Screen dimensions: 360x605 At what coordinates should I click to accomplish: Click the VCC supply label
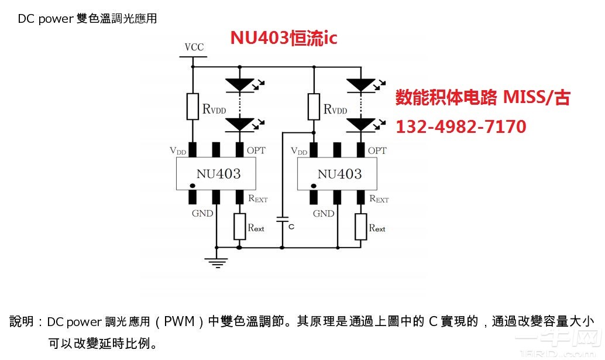(x=193, y=47)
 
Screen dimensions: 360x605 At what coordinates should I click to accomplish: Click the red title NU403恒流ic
(x=283, y=38)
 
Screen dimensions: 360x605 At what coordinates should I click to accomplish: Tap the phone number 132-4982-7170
(x=461, y=126)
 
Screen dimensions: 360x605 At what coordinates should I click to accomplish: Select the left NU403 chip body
(x=217, y=174)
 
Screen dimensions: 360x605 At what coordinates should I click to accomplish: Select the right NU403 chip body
(x=338, y=174)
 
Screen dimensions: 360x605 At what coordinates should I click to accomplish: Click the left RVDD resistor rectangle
(x=192, y=106)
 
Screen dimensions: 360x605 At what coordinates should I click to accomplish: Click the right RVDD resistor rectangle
(x=314, y=106)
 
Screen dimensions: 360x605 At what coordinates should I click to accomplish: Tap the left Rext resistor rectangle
(x=239, y=227)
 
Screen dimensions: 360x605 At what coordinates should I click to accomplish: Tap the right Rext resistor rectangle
(x=360, y=227)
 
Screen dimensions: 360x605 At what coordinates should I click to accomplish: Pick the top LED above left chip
(x=239, y=85)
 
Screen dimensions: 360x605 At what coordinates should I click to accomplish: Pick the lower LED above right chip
(x=360, y=124)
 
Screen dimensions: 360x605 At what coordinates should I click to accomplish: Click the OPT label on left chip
(x=256, y=150)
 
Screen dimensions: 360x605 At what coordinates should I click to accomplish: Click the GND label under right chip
(x=324, y=214)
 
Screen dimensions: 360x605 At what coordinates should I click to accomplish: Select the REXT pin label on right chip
(x=379, y=198)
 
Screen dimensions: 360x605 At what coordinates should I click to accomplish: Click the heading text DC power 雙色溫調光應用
(x=87, y=19)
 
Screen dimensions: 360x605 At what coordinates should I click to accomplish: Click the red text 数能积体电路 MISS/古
(x=482, y=97)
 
